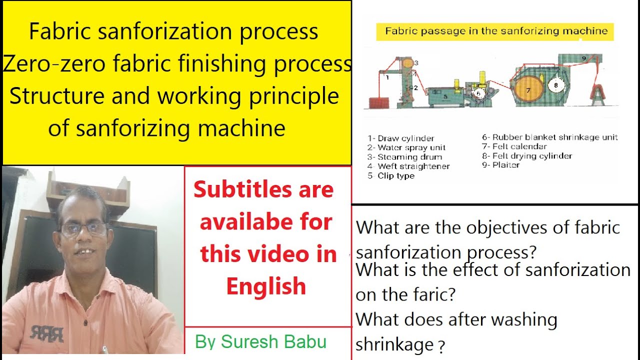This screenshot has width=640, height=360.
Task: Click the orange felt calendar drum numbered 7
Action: pos(528,90)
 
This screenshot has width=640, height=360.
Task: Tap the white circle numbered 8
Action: pos(555,85)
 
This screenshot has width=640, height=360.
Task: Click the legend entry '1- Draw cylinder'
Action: pos(401,138)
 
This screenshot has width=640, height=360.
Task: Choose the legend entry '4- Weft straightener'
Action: pos(408,166)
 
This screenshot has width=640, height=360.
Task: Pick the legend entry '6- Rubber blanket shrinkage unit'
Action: pos(550,137)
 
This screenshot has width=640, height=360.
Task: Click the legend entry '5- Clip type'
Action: pos(391,176)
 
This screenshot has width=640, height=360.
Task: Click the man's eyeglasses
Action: pos(83,229)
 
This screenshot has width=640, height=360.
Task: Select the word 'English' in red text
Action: pos(266,286)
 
